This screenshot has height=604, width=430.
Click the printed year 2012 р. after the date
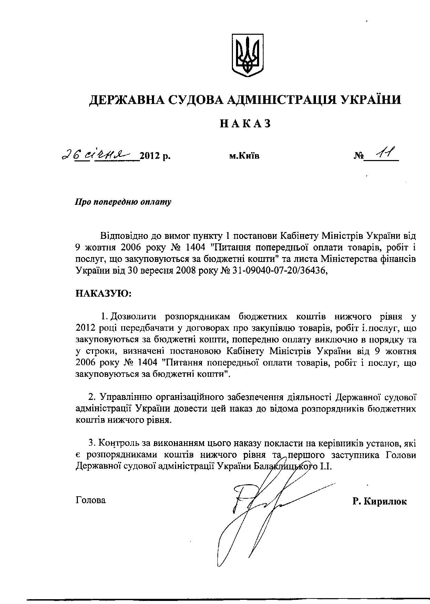click(x=155, y=156)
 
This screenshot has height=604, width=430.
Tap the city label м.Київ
click(x=244, y=156)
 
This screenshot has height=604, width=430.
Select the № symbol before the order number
click(x=359, y=156)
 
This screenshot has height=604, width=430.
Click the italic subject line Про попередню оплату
click(x=123, y=202)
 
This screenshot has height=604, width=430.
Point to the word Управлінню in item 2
click(x=124, y=397)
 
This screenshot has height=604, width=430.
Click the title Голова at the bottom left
click(x=90, y=500)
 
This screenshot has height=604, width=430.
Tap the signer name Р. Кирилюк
click(x=380, y=501)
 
